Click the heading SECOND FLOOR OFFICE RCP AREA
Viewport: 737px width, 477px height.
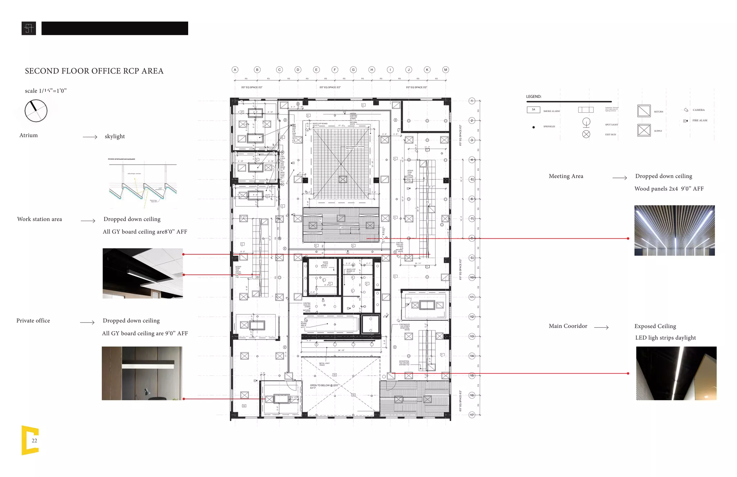coord(94,71)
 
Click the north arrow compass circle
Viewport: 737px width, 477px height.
coord(36,111)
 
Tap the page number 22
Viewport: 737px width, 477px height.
coord(34,441)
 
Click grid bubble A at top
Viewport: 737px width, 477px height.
coord(235,70)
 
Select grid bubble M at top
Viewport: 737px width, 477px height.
coord(446,70)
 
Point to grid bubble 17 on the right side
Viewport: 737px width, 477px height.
coord(472,415)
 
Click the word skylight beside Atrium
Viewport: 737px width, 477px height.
coord(115,136)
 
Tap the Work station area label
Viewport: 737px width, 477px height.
coord(40,219)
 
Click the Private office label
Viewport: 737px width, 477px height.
coord(33,321)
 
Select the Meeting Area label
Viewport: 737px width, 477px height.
coord(566,176)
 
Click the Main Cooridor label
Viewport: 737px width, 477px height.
coord(568,326)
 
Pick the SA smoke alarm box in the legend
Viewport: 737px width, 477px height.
coord(533,110)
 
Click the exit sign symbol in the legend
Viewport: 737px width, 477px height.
coord(586,134)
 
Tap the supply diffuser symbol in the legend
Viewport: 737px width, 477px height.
coord(644,130)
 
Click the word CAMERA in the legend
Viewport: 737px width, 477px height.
coord(698,110)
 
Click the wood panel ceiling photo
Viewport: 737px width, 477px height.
coord(674,230)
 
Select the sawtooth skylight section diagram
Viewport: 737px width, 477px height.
coord(143,184)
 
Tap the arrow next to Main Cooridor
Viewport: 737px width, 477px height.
coord(601,327)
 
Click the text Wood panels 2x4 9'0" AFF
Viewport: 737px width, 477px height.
coord(669,189)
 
